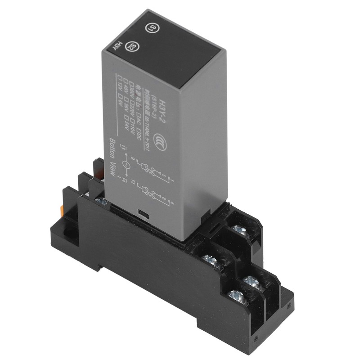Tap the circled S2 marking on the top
131,46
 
